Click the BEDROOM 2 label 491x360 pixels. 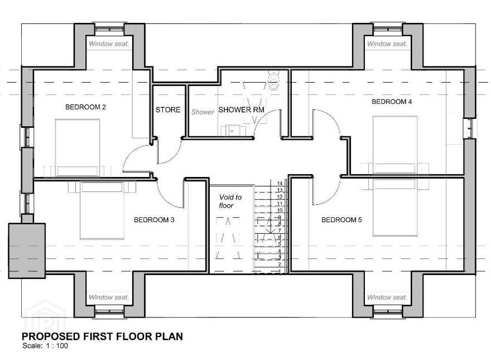coord(85,107)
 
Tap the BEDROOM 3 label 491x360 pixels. coord(154,220)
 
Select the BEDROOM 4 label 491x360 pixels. coord(392,102)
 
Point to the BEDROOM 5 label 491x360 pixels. coord(341,220)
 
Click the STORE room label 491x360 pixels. coord(168,109)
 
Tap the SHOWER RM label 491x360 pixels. coord(241,109)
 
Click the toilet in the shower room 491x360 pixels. coord(274,80)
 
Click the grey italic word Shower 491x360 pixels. coord(203,112)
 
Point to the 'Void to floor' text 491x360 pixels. coord(230,201)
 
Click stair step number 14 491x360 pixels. coord(280,183)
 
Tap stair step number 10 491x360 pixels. coord(280,210)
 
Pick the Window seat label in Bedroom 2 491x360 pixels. coord(109,44)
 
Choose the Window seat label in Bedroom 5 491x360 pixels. coord(387,297)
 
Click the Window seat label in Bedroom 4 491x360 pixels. coord(387,44)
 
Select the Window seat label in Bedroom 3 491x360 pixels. coord(109,297)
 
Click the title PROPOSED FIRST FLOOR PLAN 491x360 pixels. coord(102,336)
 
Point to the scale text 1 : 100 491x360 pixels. coord(57,346)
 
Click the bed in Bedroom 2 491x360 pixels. coord(78,148)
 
